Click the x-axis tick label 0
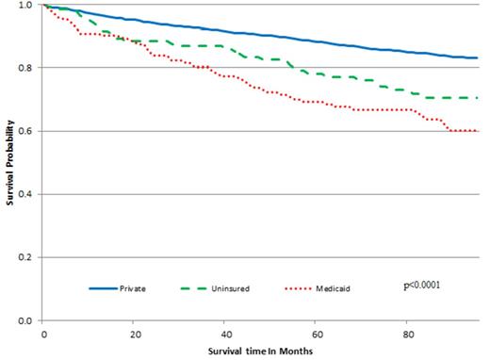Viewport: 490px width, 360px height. (x=43, y=334)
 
